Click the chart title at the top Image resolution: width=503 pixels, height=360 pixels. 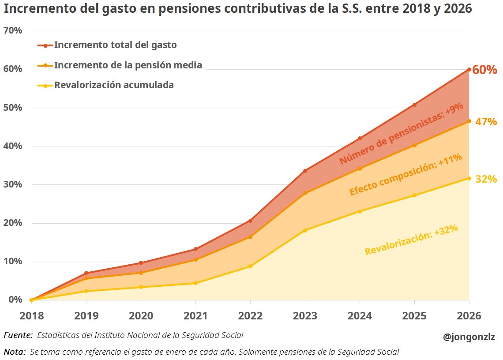[x=238, y=9]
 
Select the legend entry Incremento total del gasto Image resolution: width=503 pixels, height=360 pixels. [x=115, y=45]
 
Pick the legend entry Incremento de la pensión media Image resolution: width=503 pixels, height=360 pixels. [x=128, y=65]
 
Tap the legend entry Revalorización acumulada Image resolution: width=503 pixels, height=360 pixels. [x=114, y=85]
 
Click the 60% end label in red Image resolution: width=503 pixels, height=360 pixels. [x=485, y=70]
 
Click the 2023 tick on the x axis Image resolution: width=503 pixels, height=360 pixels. [x=305, y=316]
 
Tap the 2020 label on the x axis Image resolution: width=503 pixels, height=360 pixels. [x=141, y=316]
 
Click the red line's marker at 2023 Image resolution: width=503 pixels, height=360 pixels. [x=305, y=171]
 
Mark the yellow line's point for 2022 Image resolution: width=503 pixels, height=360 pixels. [x=250, y=266]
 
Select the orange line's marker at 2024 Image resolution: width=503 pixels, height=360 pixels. [x=360, y=169]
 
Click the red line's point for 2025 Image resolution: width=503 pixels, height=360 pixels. [x=414, y=105]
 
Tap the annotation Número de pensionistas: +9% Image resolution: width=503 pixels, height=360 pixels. [x=401, y=134]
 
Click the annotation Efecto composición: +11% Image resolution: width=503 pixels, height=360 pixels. [x=405, y=174]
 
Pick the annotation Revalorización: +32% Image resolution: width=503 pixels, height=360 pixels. [x=411, y=240]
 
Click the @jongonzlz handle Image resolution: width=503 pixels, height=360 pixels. [x=469, y=337]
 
